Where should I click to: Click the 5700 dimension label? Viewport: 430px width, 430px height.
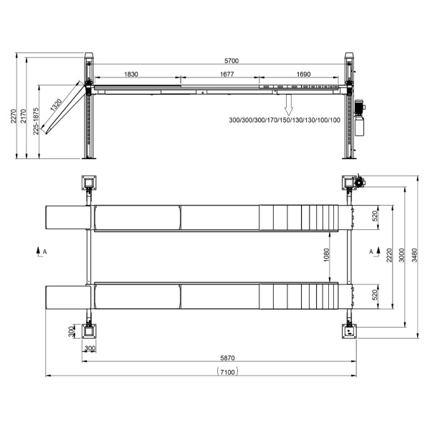click(231, 61)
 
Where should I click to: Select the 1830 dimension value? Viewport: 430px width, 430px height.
click(131, 74)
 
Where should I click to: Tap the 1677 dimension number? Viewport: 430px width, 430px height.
click(226, 74)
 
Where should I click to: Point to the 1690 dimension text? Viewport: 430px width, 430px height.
click(303, 74)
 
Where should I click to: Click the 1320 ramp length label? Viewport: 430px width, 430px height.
click(56, 105)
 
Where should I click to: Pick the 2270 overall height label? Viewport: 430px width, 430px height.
click(13, 115)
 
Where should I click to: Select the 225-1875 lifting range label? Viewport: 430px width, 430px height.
click(36, 121)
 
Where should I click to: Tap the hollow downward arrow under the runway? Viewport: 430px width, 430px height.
click(289, 104)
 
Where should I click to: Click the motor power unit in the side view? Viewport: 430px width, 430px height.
click(360, 118)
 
